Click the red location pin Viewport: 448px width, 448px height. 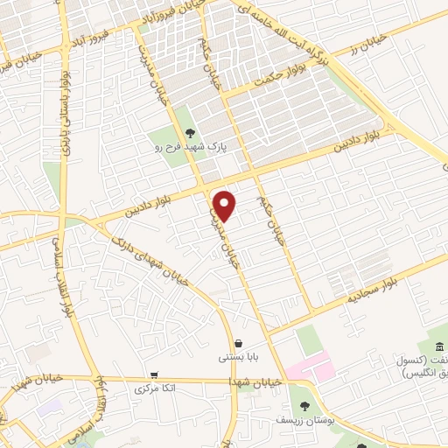click(226, 206)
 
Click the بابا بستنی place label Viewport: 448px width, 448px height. click(236, 358)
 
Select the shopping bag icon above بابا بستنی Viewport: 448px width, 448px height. click(238, 343)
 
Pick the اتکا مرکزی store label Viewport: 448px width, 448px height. click(157, 386)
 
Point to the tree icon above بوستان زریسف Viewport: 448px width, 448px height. click(304, 407)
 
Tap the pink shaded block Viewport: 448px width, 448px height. click(311, 366)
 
